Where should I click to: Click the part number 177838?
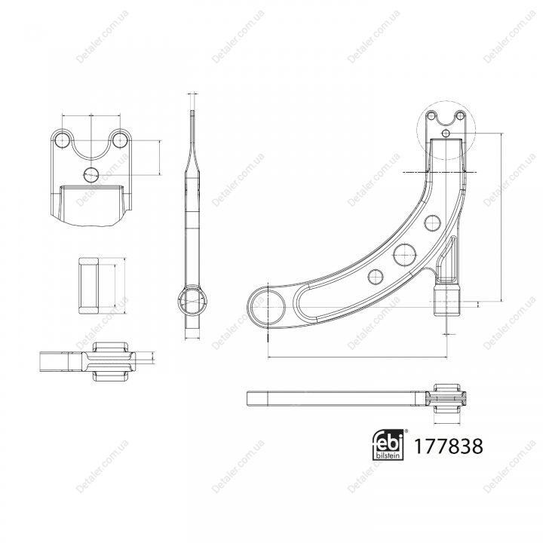[448, 446]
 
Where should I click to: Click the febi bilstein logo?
[388, 445]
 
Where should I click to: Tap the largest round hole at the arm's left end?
[267, 307]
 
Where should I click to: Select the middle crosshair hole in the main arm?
[404, 255]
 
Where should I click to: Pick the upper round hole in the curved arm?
[433, 223]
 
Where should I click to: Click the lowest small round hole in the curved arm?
[376, 277]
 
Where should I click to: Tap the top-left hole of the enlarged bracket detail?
[63, 140]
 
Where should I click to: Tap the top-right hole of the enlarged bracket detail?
[120, 140]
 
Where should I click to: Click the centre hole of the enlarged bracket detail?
[91, 174]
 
